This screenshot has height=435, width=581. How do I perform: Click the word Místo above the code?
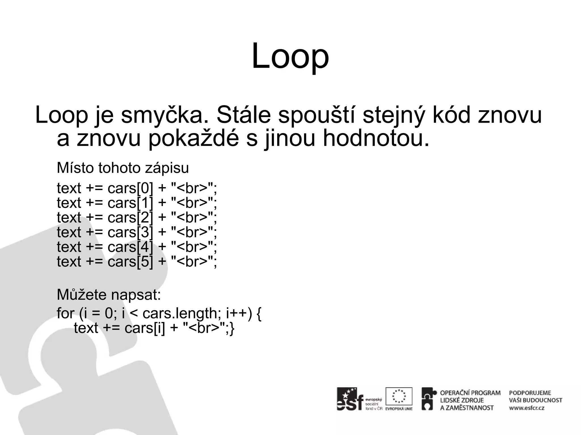tap(75, 168)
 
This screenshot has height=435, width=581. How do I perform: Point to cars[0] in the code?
tap(130, 188)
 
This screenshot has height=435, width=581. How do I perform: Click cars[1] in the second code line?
tap(130, 203)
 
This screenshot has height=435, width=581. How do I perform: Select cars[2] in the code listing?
tap(130, 218)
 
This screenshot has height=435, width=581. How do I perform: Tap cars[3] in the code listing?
tap(130, 233)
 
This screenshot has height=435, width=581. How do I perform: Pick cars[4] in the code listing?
tap(130, 247)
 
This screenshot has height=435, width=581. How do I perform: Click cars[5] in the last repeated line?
tap(130, 262)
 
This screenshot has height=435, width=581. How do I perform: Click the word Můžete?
tap(82, 295)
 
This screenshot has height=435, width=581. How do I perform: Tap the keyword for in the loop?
tap(65, 314)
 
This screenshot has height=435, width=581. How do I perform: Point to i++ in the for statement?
tap(237, 314)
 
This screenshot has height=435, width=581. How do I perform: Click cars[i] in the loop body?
tap(144, 328)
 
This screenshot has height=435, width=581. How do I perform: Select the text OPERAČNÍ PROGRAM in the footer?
tap(470, 393)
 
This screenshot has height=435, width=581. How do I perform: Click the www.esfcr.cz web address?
tap(527, 408)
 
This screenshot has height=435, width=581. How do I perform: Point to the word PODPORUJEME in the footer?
tap(530, 393)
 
